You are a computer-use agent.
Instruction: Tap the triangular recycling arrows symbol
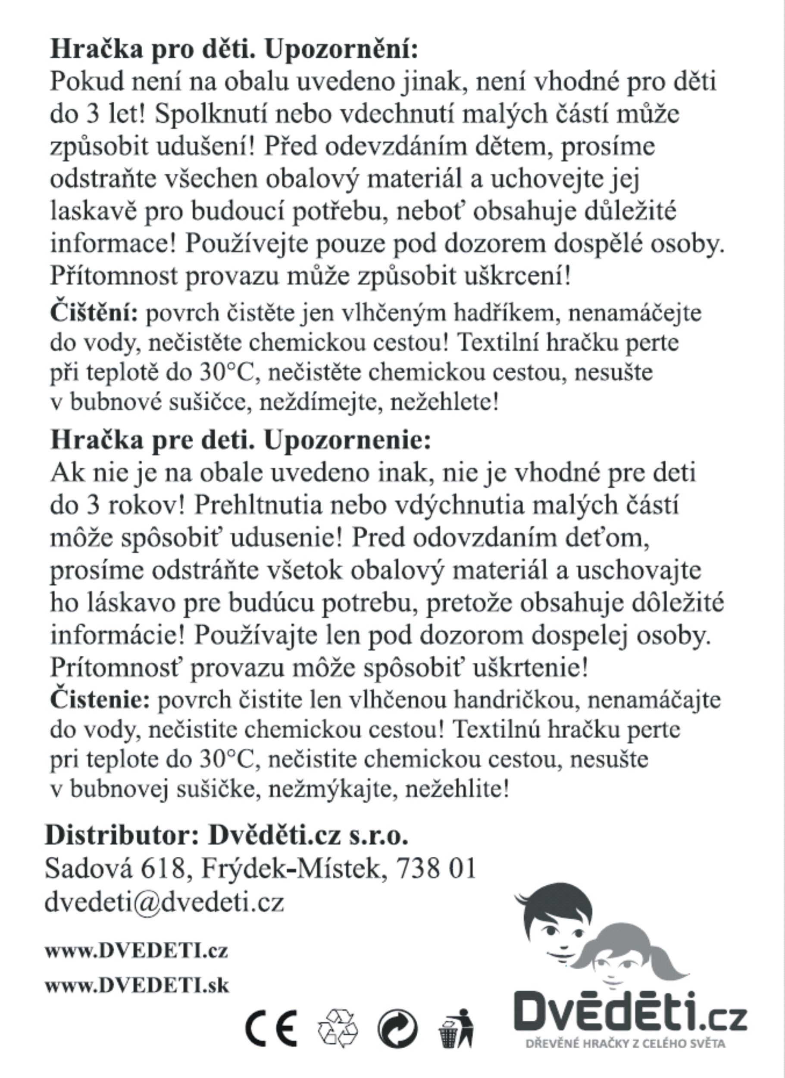coord(338,1028)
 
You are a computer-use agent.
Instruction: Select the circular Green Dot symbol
coord(398,1028)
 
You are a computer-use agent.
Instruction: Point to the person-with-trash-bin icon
coord(456,1028)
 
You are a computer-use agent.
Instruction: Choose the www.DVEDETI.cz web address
coord(136,951)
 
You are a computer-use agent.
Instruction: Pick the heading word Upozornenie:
coord(347,440)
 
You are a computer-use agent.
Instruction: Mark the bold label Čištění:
coord(94,313)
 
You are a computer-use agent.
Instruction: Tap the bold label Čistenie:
coord(100,699)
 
